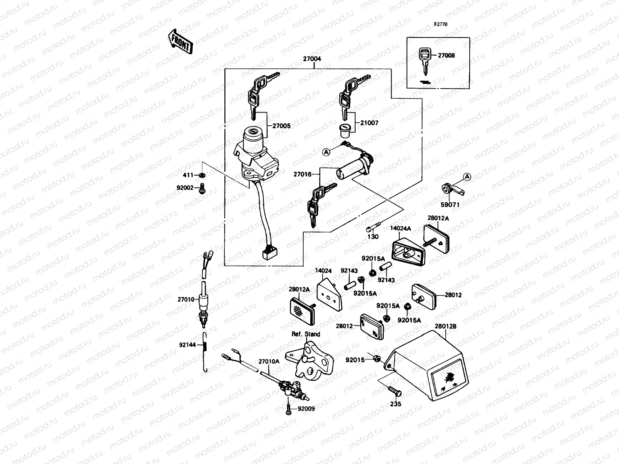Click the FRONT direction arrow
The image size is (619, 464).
180,42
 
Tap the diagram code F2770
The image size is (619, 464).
440,24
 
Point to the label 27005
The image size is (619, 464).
281,126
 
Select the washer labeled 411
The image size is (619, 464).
202,176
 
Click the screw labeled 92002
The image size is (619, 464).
202,189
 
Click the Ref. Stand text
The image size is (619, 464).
306,334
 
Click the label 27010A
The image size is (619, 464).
268,362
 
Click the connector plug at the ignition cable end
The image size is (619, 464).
267,254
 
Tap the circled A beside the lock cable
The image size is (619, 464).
326,152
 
